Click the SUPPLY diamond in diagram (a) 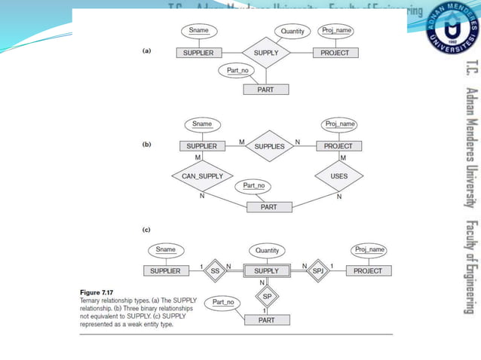266,53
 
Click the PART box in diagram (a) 265,90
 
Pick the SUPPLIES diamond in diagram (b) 269,146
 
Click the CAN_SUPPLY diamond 203,176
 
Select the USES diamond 339,176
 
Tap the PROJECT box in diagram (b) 339,146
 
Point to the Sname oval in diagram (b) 202,124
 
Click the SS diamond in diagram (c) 214,270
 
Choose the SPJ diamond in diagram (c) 317,270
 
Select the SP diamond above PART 267,297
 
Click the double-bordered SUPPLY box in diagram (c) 266,270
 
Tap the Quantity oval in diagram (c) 267,250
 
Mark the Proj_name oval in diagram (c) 369,249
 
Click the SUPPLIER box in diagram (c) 165,270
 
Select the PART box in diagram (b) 269,206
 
